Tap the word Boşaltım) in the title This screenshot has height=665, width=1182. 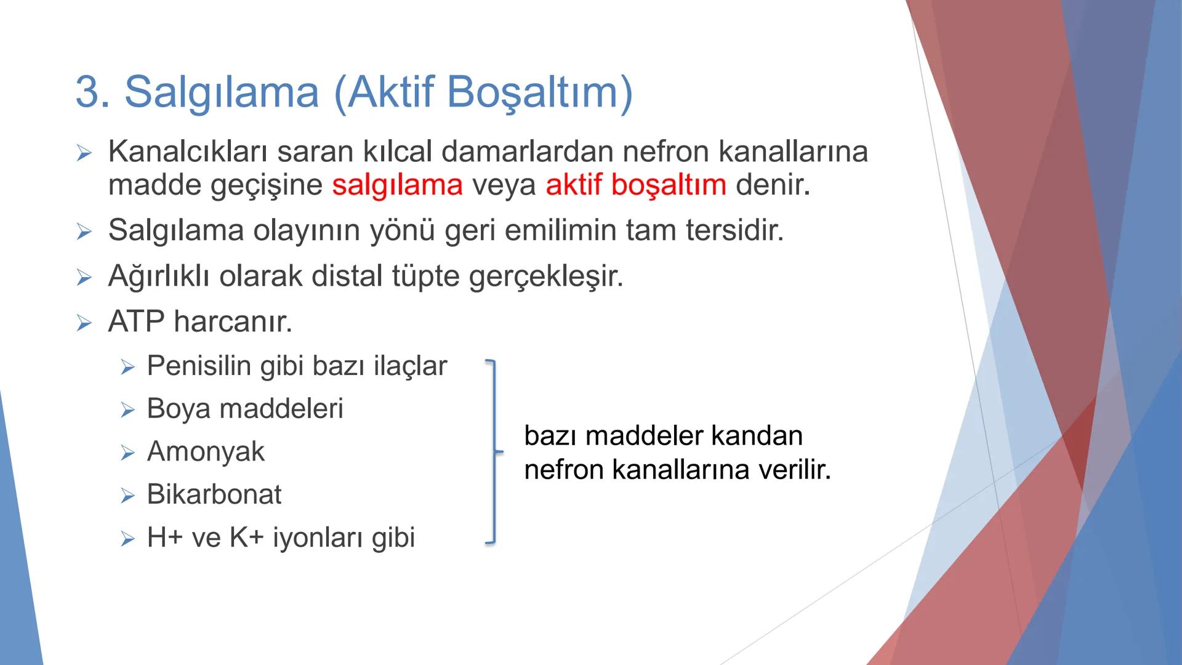coord(539,92)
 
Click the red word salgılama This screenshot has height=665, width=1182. coord(397,185)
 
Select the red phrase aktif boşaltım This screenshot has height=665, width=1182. coord(635,185)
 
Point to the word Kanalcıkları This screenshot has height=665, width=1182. coord(188,151)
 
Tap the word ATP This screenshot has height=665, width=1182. coord(136,321)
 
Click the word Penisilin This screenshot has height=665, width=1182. coord(199,366)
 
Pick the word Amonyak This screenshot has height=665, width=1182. coord(206,452)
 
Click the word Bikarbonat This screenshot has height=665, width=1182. coord(214,494)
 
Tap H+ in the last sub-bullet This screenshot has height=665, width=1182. coord(164,538)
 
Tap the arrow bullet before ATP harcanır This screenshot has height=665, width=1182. coord(84,323)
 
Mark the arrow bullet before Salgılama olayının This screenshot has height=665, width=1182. coord(84,232)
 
